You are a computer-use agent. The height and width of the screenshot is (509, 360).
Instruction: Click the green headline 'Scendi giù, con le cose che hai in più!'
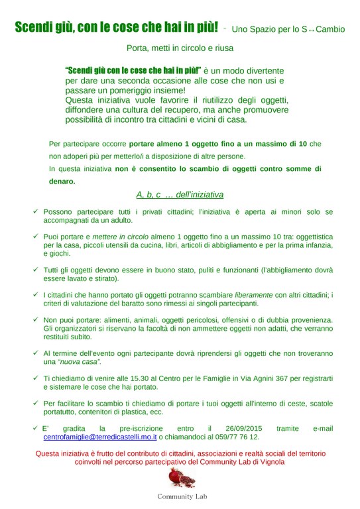coord(117,28)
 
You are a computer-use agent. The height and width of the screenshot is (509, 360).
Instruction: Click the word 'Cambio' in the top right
coord(330,30)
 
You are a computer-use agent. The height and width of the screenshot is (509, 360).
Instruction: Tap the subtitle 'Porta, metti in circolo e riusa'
coord(180,48)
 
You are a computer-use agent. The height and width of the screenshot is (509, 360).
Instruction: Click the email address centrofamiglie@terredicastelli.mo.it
coord(100,437)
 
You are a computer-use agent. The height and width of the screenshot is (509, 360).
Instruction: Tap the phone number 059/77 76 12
coord(239,437)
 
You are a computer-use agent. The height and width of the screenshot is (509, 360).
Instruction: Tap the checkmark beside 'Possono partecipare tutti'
coord(34,211)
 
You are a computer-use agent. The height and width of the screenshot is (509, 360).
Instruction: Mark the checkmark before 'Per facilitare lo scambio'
coord(34,403)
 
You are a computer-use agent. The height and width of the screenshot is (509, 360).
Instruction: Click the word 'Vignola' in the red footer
coord(270,462)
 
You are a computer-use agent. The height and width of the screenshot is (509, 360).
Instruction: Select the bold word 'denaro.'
coord(62,181)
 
